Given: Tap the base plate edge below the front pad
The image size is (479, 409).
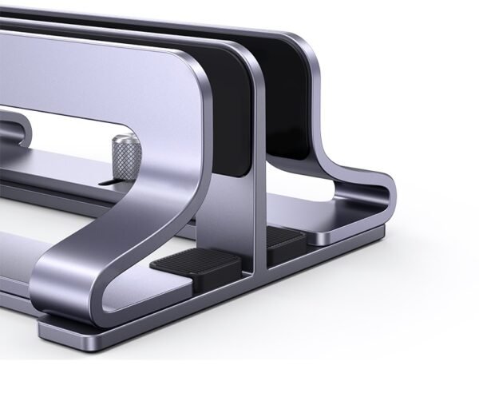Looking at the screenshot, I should tap(200, 300).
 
